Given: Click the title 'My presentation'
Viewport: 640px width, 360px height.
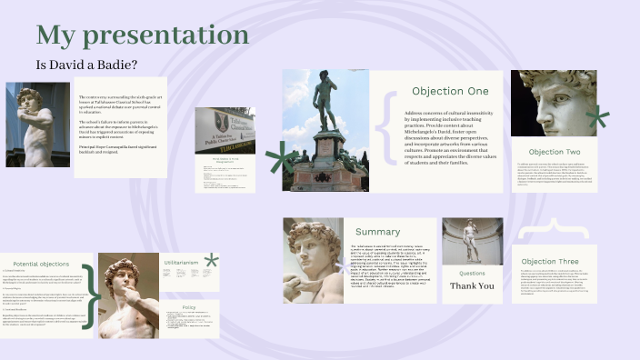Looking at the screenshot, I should coord(143,35).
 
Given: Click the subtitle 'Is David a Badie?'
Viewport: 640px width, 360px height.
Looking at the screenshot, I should coord(86,65).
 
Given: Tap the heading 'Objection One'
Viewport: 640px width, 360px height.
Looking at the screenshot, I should coord(450,91).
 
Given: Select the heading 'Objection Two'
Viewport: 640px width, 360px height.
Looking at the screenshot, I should coord(554,152).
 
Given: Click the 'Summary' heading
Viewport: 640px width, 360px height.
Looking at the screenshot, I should coord(377,232).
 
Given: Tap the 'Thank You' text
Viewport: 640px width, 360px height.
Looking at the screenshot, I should coord(473,285).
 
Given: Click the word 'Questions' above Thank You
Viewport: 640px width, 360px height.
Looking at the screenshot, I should coord(472,273).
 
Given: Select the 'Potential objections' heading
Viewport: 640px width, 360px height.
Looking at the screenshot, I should coord(41,262).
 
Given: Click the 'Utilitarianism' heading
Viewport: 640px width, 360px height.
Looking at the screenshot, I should coord(180,263).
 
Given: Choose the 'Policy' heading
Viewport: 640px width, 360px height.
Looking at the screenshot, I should coord(189,307).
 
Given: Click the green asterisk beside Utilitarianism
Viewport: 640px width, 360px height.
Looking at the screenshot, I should coord(211,260).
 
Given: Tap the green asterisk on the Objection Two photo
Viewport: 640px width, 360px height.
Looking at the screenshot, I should coord(596,116).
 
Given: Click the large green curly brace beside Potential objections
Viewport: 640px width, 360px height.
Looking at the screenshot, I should coord(89,295).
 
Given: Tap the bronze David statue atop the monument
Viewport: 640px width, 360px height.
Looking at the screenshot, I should coord(325,100).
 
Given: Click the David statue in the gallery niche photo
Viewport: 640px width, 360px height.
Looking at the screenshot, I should coord(472,242).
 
